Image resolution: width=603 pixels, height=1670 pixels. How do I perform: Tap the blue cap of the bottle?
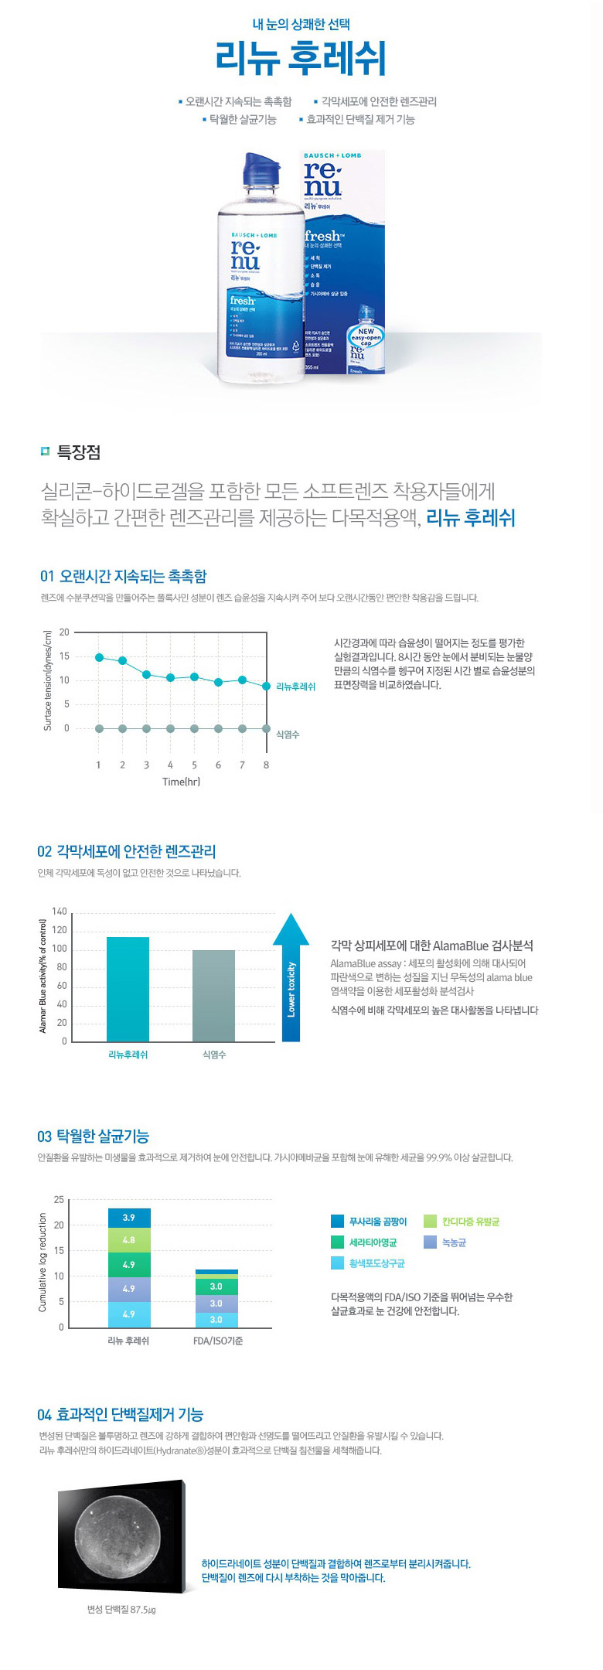coord(261,169)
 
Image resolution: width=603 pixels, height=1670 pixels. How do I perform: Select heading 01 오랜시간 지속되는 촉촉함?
coord(124,576)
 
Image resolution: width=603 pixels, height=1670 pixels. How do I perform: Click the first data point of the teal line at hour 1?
coord(99,657)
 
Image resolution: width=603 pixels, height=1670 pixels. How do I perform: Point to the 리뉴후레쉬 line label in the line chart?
coord(295,687)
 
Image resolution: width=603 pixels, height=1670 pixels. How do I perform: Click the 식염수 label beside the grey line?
coord(288,734)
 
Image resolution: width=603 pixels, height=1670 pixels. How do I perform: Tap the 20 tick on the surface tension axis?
coord(64,632)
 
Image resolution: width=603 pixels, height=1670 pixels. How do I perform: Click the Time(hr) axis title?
coord(181,782)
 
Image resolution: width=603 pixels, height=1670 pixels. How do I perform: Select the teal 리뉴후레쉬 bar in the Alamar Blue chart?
coord(128,989)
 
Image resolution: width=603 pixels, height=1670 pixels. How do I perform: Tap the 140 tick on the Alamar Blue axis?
coord(60,912)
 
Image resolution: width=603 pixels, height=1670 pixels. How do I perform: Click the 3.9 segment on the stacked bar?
coord(129,1218)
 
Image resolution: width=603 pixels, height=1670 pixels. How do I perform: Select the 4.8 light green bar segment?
coord(129,1240)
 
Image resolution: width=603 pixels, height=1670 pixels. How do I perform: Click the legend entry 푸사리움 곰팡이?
coord(377,1222)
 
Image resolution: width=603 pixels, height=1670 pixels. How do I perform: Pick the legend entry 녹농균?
coord(454,1242)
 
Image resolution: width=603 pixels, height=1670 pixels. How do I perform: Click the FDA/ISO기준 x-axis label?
coord(217,1341)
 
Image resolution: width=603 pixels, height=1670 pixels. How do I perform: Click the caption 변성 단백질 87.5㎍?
coord(121,1610)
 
